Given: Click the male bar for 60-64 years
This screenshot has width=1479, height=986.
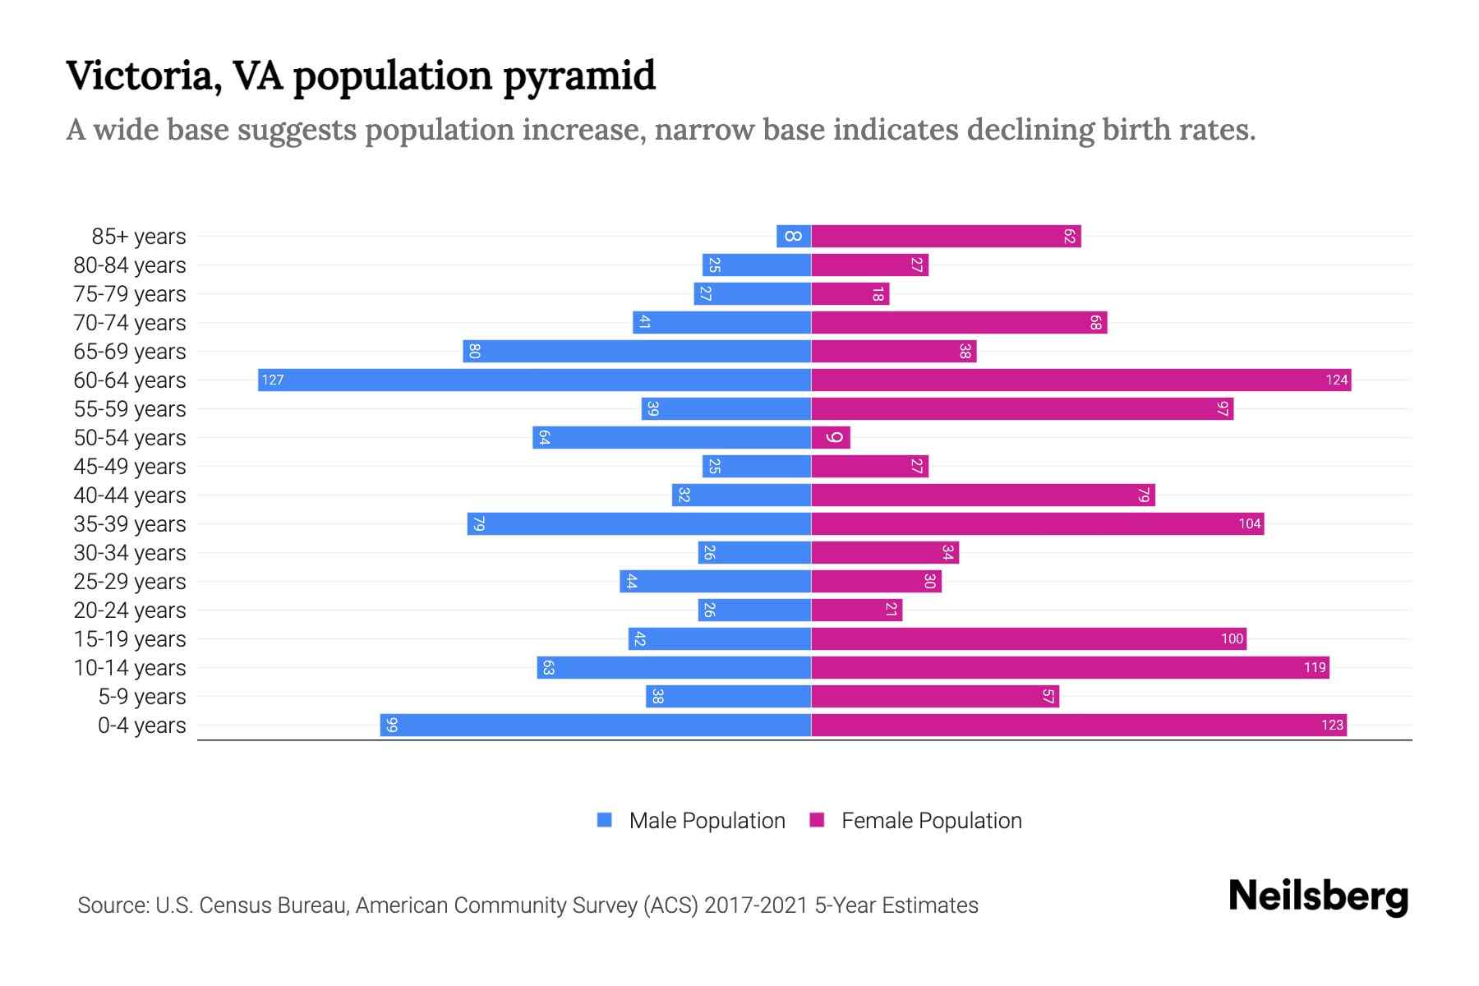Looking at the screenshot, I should click(534, 380).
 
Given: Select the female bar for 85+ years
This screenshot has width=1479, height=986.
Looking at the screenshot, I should click(945, 237).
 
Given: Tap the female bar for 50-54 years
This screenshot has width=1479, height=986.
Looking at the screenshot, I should click(830, 437).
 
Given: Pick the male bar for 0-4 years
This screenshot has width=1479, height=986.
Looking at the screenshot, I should click(596, 725).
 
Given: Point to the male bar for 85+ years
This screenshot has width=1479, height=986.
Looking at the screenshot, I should click(794, 237).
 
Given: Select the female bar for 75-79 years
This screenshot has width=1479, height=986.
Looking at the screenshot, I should click(850, 294).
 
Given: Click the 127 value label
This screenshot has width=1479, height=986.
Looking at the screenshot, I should click(273, 380).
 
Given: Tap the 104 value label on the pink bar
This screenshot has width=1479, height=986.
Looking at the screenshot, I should click(1249, 524).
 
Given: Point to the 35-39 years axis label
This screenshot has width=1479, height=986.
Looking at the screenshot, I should click(130, 524).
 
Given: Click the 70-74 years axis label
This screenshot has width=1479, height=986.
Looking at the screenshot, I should click(130, 323).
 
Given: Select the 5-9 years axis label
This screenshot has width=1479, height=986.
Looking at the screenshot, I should click(142, 697).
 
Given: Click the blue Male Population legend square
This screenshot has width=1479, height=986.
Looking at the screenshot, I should click(605, 820).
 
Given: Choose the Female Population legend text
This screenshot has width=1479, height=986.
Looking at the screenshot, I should click(931, 820).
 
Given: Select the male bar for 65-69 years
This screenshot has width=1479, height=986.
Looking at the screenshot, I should click(637, 352).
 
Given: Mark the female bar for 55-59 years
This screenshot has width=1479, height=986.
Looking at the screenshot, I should click(1022, 409).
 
